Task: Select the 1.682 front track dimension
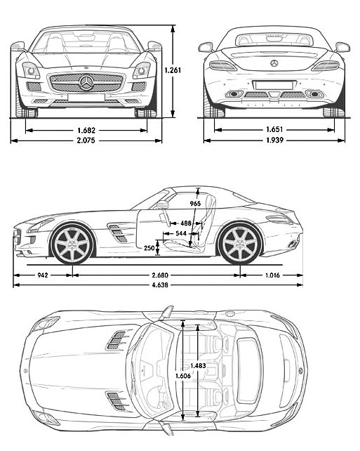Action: (x=86, y=130)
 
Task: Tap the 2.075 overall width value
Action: (x=86, y=140)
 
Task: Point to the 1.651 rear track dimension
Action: (x=276, y=130)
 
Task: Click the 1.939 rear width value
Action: (x=276, y=140)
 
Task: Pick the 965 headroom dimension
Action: (x=195, y=204)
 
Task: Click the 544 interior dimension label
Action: (x=182, y=234)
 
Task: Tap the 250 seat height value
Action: (x=149, y=248)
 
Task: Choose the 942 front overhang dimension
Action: (x=42, y=276)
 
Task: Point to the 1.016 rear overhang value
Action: (x=272, y=276)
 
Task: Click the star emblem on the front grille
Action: (x=86, y=83)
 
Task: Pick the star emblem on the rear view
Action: (x=274, y=64)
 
